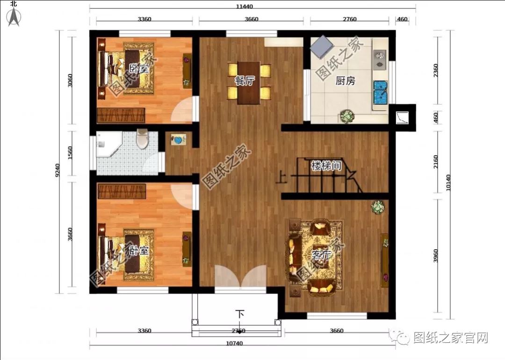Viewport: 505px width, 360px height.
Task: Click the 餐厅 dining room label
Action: tap(244, 80)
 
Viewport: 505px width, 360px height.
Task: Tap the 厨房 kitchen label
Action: tap(346, 81)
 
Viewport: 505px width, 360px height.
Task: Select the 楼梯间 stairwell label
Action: tap(326, 166)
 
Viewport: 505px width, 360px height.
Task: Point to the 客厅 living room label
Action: tap(322, 255)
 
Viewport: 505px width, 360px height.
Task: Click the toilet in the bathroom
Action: tap(143, 139)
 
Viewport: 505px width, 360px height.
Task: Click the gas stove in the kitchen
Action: tap(380, 57)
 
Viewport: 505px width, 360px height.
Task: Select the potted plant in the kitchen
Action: tap(347, 115)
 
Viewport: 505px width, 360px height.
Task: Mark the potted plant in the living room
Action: tap(377, 207)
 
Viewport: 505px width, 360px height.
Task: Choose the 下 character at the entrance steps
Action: tap(240, 314)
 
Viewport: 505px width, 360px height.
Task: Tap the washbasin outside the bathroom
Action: tap(178, 139)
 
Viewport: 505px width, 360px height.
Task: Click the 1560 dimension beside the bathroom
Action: tap(71, 153)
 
